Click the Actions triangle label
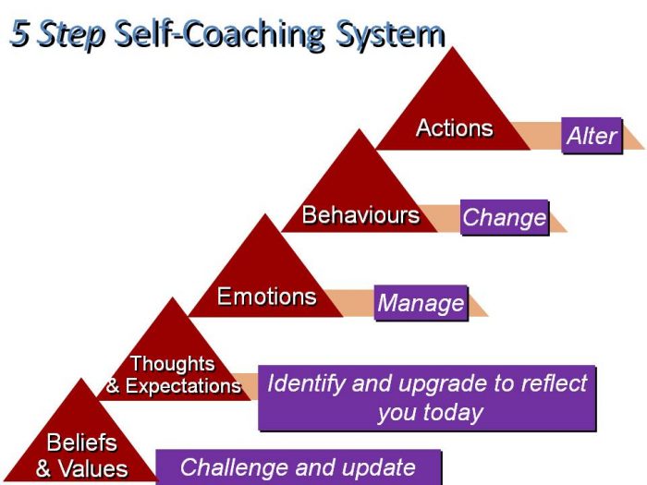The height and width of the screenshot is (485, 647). click(454, 128)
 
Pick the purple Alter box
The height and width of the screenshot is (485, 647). click(592, 136)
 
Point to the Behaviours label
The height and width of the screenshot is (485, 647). click(360, 216)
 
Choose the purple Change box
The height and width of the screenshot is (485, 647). click(505, 218)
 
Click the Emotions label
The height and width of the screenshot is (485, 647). click(266, 297)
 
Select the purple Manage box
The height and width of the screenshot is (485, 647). click(421, 303)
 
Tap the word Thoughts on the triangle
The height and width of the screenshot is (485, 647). click(173, 364)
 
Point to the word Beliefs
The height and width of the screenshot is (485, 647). click(82, 442)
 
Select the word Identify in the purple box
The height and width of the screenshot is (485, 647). click(303, 382)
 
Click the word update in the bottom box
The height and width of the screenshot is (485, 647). click(373, 467)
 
